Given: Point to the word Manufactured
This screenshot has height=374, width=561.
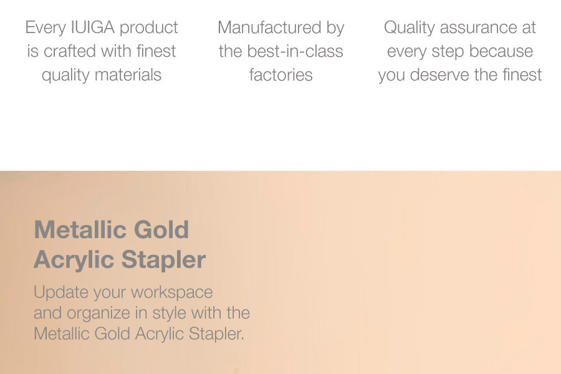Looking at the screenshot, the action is point(269,27).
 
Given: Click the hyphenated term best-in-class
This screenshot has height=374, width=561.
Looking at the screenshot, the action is point(295,51).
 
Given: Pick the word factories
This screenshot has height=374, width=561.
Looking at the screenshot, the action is point(281,75).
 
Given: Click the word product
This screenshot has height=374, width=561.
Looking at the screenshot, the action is point(148,28).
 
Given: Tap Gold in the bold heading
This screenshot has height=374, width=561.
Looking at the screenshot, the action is point(161,229).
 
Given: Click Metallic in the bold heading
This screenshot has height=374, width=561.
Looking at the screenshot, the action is point(81,229).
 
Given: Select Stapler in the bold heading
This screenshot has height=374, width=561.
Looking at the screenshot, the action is point(163,260).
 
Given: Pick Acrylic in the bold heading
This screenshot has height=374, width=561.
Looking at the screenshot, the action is point(74,260).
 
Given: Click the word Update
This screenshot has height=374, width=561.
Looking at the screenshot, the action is point(61,293).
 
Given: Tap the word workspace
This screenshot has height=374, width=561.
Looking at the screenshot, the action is point(172,293).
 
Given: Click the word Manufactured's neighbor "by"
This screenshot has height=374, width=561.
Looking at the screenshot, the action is point(335,28).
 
